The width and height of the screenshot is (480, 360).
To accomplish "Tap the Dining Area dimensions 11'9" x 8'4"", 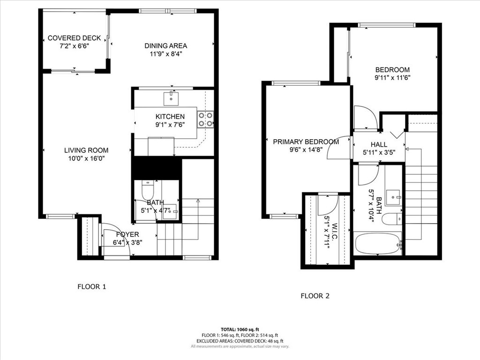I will (165, 54).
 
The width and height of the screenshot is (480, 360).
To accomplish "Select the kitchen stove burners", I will (205, 119).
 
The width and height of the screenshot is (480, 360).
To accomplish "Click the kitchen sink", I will (171, 98).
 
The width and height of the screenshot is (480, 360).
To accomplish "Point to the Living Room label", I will (86, 150).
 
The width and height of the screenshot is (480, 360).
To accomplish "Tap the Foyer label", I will (127, 234).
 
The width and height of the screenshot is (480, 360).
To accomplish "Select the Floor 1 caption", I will (92, 286).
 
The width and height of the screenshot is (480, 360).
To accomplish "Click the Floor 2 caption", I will (315, 296).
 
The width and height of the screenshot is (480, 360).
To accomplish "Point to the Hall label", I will (379, 145).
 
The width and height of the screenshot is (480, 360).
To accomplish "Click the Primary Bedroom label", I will (306, 142).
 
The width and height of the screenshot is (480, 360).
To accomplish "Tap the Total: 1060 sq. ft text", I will (240, 329).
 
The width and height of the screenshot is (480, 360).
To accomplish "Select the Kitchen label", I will (170, 116).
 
